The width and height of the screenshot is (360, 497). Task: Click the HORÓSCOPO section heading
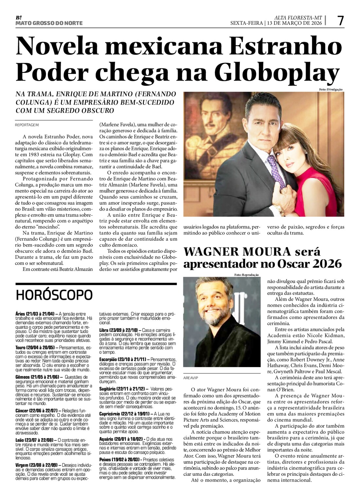click(x=54, y=295)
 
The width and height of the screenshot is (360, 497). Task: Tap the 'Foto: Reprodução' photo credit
click(x=246, y=275)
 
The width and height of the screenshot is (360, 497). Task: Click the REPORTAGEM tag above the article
click(x=27, y=124)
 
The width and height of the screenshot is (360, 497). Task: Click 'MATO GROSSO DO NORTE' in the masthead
click(x=49, y=23)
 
